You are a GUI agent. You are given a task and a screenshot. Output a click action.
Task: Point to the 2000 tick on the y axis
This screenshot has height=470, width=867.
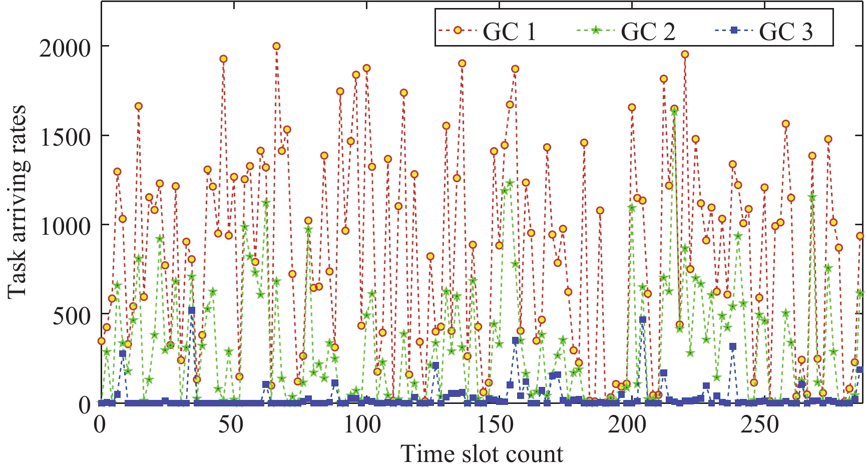(x=65, y=47)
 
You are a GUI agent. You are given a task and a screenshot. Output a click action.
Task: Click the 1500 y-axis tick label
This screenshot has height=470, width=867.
(x=65, y=137)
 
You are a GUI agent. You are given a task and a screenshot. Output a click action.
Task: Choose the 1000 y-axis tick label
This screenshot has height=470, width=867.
(x=65, y=226)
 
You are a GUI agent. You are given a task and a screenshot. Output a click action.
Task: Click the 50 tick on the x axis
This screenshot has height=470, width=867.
(x=231, y=424)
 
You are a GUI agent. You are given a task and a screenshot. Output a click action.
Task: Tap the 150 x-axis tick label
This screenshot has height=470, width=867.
(x=495, y=424)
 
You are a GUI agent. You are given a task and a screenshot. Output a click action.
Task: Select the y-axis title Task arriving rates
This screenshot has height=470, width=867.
(x=18, y=200)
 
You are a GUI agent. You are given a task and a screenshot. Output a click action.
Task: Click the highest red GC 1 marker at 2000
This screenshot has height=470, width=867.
(x=276, y=46)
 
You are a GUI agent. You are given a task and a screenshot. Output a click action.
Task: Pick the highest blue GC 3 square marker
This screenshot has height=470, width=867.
(x=192, y=310)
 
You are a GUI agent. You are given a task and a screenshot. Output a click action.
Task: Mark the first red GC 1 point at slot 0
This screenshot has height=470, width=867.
(x=101, y=341)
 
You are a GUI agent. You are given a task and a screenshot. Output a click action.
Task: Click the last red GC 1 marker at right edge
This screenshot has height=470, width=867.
(x=860, y=236)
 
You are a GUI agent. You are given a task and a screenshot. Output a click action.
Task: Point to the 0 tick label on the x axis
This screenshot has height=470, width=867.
(x=100, y=424)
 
